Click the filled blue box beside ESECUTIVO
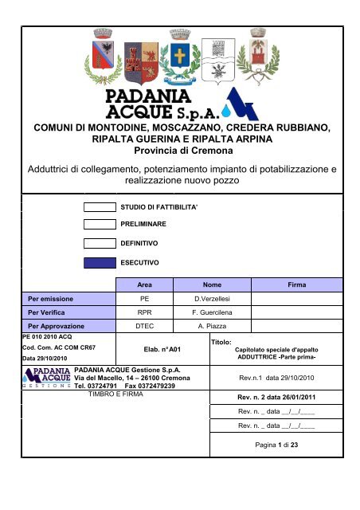pyautogui.click(x=100, y=261)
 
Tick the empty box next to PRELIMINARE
pyautogui.click(x=100, y=225)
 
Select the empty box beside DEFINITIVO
pyautogui.click(x=100, y=243)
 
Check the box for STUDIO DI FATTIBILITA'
pyautogui.click(x=100, y=207)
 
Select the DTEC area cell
pyautogui.click(x=144, y=327)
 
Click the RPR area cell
pyautogui.click(x=144, y=312)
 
